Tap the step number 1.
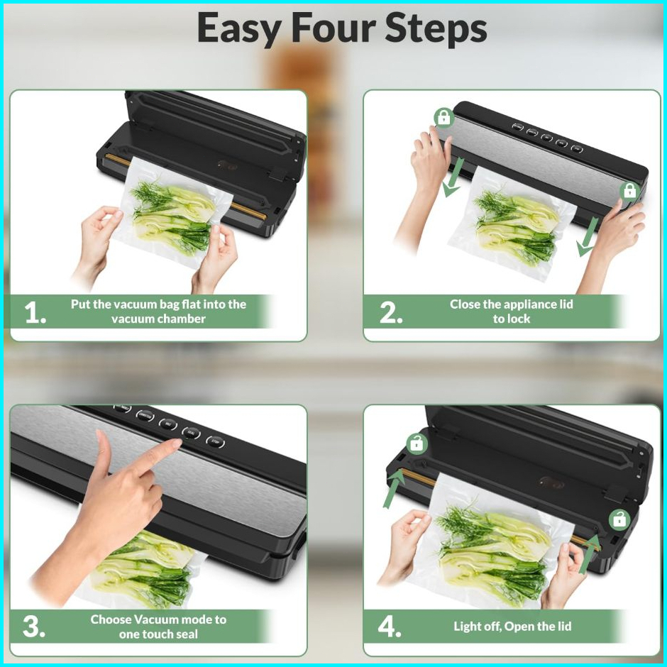coord(35,313)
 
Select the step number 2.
coord(390,313)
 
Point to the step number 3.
coord(33,627)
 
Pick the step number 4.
coord(390,627)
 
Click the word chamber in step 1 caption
coord(180,319)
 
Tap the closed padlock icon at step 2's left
coord(443,117)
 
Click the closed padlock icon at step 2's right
coord(629,191)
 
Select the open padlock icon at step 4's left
coord(417,443)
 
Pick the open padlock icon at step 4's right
coord(619,520)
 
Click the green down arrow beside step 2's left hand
coord(452,183)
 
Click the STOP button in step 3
coord(215,442)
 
